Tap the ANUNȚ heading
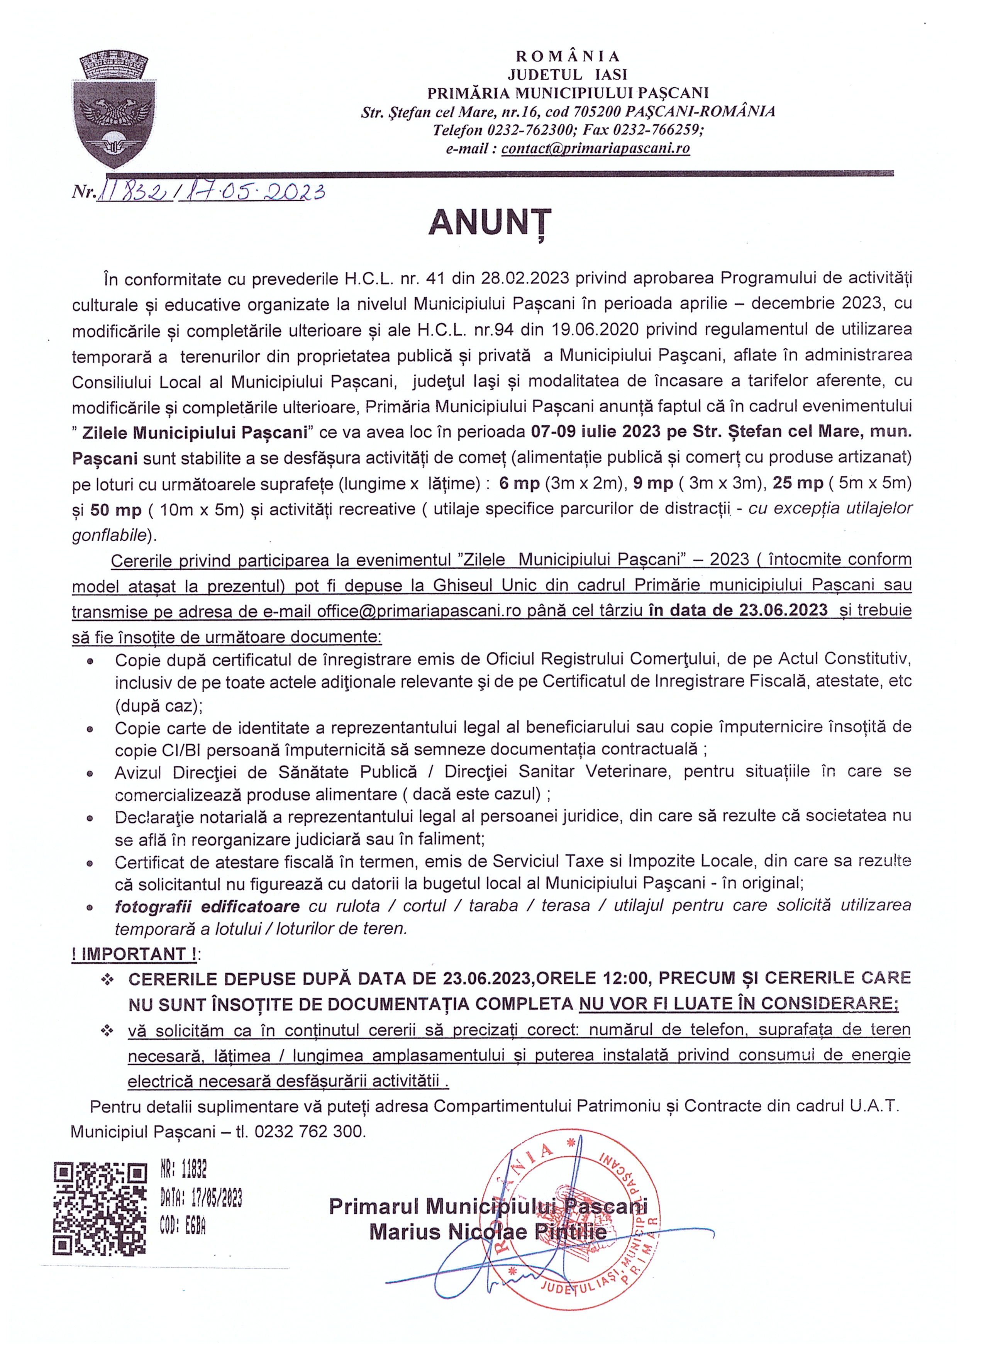tap(490, 223)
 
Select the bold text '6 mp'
tap(518, 483)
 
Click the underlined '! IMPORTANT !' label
tap(135, 954)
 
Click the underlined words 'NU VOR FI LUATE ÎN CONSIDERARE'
tap(737, 1004)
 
